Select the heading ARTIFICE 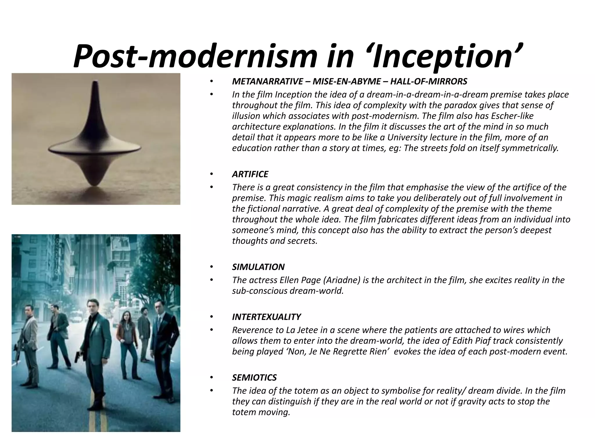(250, 174)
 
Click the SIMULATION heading (258, 267)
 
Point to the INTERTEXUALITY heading (266, 317)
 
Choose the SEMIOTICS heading (254, 377)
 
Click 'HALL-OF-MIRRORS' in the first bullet (429, 82)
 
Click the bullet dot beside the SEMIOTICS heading (212, 377)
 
